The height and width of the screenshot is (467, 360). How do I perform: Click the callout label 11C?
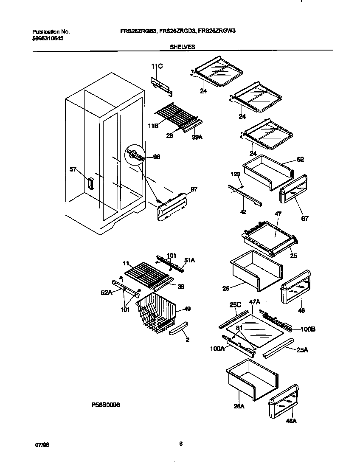coord(157,66)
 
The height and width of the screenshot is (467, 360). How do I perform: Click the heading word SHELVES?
coord(183,48)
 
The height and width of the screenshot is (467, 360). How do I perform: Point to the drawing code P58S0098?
coord(106,405)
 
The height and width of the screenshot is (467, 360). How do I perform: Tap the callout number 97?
coord(194,189)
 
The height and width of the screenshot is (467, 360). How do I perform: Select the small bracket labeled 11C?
coord(162,84)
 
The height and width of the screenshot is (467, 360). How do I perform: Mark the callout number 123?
coord(235,174)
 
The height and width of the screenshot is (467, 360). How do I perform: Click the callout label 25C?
coord(235,305)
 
